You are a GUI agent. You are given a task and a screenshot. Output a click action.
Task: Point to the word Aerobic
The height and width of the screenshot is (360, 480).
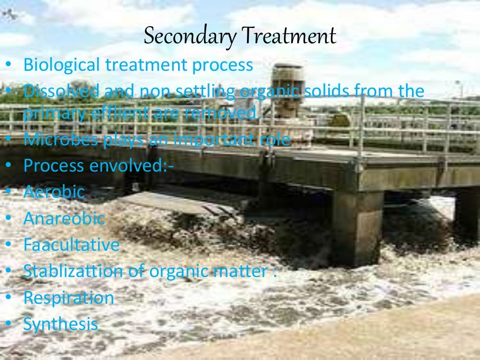[x=54, y=192]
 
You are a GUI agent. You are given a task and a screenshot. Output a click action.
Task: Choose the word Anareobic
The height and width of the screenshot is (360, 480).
[x=64, y=218]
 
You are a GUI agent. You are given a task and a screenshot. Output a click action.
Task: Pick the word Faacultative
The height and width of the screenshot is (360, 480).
[x=72, y=245]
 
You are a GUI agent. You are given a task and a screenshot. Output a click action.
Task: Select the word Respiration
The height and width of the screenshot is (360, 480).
[x=69, y=298]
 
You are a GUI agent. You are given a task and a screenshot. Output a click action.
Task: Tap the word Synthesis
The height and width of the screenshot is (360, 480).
[x=61, y=324]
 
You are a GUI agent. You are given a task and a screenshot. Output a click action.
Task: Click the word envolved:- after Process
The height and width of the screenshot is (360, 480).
[x=126, y=165]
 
